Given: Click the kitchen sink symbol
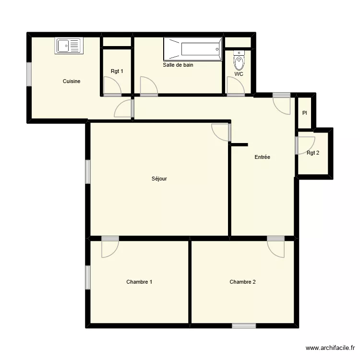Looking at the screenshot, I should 69,46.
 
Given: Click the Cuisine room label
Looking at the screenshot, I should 72,82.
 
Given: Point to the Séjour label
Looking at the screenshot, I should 159,179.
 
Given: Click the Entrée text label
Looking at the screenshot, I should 262,157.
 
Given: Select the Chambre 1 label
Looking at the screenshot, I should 139,282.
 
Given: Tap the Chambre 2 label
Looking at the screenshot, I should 242,282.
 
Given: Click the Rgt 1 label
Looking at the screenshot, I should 117,72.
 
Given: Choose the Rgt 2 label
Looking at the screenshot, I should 313,153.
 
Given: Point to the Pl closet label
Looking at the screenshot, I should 304,113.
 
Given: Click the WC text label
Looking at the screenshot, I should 239,74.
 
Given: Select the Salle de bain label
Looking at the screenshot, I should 178,65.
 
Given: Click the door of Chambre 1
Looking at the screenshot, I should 110,247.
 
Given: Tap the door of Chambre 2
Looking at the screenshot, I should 276,247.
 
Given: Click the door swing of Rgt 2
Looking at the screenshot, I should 305,144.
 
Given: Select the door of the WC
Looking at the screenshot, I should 235,86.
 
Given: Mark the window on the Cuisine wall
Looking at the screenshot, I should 29,74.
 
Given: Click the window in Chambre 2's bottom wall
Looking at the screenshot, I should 244,326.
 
